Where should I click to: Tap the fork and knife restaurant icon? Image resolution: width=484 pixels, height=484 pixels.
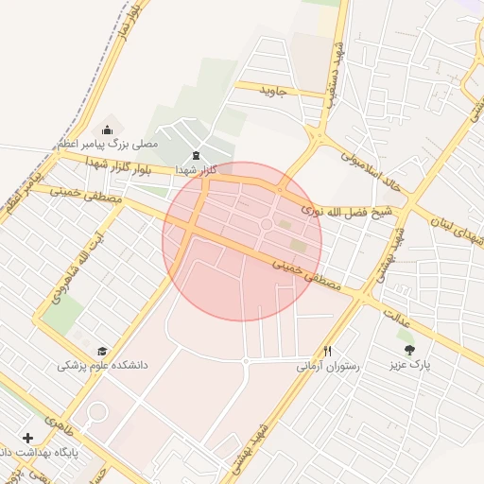click(x=328, y=350)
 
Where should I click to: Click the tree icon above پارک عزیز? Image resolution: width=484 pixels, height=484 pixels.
click(x=409, y=349)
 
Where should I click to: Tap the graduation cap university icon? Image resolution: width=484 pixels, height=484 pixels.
click(x=102, y=350)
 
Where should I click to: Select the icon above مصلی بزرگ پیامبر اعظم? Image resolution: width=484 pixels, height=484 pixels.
click(x=107, y=130)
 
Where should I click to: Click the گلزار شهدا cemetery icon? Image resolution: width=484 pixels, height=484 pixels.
click(x=196, y=155)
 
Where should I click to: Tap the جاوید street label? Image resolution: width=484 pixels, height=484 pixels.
click(x=283, y=92)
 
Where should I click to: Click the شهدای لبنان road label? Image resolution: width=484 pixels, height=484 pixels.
click(x=448, y=222)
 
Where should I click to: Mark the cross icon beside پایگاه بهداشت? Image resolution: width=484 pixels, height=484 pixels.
click(x=27, y=438)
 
